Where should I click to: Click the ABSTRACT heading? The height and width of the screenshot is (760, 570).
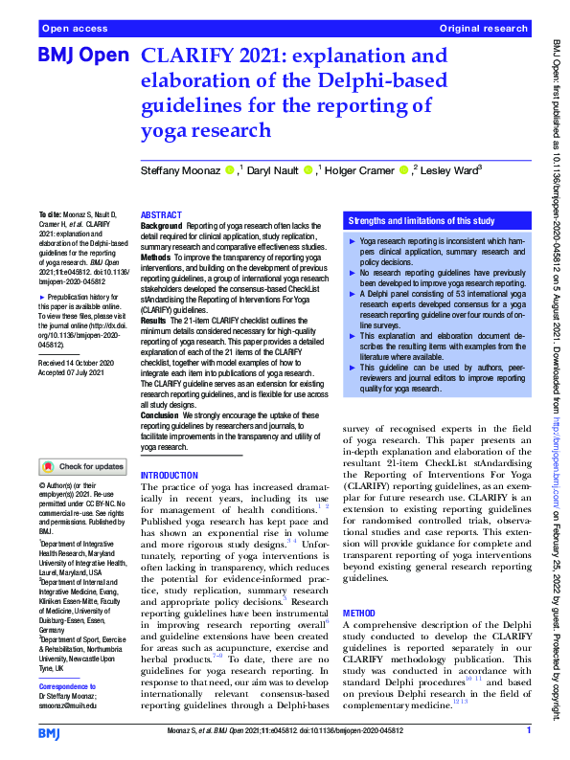161,215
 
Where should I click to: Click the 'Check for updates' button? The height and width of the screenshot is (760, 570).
82,467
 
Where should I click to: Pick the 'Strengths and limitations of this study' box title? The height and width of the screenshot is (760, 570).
422,221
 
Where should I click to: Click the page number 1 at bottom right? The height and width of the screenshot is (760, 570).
529,732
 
